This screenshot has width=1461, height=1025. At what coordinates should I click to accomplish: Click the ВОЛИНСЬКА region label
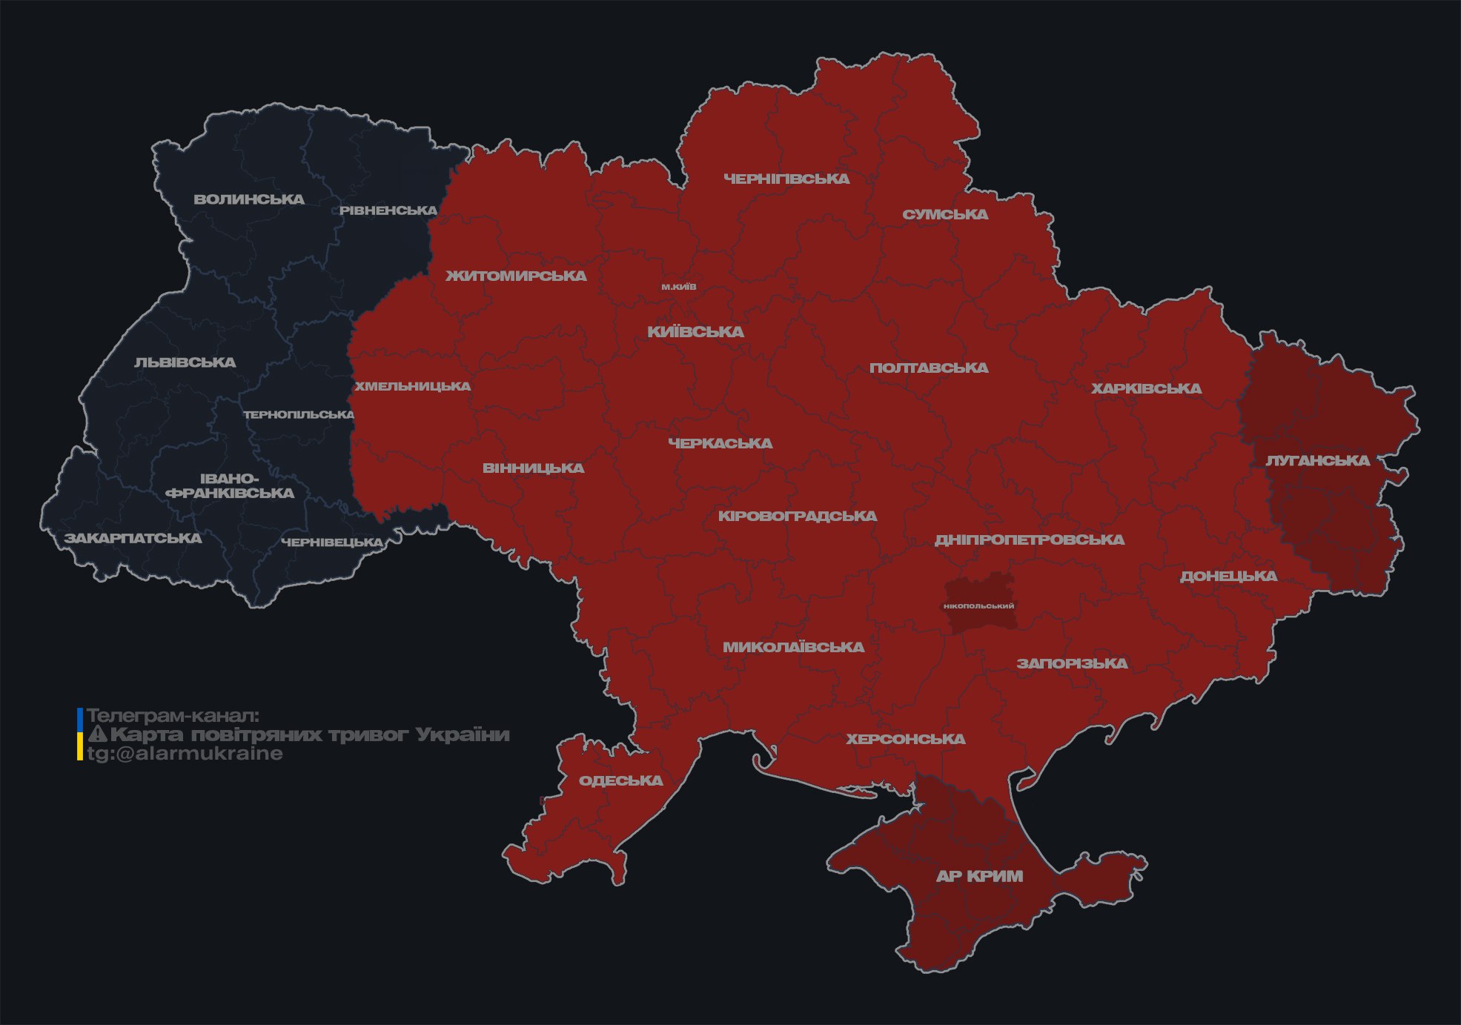pyautogui.click(x=249, y=199)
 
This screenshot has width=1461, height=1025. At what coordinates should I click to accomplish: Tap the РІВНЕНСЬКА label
pyautogui.click(x=388, y=210)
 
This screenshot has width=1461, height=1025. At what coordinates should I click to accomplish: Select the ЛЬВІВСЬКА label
pyautogui.click(x=185, y=362)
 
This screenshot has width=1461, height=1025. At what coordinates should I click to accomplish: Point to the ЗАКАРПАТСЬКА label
pyautogui.click(x=133, y=538)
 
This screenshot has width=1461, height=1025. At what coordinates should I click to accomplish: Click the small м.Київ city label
pyautogui.click(x=679, y=287)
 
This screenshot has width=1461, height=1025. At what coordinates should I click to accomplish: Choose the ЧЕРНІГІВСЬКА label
pyautogui.click(x=786, y=179)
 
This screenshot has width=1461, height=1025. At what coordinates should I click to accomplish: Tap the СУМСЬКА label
pyautogui.click(x=945, y=214)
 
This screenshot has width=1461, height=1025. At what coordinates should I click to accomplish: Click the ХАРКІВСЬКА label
pyautogui.click(x=1146, y=388)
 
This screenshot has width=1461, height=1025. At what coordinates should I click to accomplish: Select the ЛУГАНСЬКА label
pyautogui.click(x=1317, y=460)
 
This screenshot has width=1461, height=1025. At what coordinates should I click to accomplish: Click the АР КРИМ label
pyautogui.click(x=979, y=876)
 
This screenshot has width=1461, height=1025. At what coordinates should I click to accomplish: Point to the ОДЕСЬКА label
pyautogui.click(x=620, y=780)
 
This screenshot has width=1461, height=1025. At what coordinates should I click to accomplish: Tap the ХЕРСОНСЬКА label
pyautogui.click(x=906, y=739)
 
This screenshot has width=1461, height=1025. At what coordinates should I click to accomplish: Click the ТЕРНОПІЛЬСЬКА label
pyautogui.click(x=299, y=414)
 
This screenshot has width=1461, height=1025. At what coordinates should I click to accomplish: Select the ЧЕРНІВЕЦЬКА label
pyautogui.click(x=332, y=543)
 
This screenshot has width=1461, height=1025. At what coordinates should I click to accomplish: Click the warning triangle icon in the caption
pyautogui.click(x=97, y=734)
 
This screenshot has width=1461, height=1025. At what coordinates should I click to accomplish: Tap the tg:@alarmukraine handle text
pyautogui.click(x=185, y=754)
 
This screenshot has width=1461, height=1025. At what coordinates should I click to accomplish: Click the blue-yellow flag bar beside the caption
pyautogui.click(x=80, y=734)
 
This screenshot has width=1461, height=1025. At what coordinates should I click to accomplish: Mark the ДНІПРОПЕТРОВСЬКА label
pyautogui.click(x=1029, y=540)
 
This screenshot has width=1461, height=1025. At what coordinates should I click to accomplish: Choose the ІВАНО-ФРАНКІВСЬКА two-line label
pyautogui.click(x=230, y=486)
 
